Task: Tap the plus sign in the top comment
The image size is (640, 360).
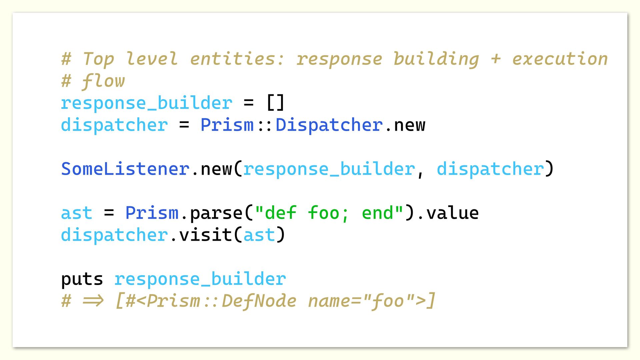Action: point(496,59)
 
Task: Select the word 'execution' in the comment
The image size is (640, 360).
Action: point(560,59)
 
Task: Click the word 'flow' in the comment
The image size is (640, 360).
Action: point(103,81)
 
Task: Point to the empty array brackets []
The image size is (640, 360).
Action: point(275,103)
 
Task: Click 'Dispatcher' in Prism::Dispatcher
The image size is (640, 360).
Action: point(329,125)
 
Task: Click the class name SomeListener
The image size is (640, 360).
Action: point(125,169)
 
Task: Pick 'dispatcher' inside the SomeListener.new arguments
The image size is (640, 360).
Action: point(490,169)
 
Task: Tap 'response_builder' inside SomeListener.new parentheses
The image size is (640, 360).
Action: point(329,169)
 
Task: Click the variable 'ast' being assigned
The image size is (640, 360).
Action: point(77,213)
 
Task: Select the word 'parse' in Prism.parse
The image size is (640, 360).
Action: point(216,213)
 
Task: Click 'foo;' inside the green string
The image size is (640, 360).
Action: point(328,213)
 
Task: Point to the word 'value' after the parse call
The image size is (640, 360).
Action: point(452,213)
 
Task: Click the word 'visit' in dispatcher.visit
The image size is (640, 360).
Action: point(205,235)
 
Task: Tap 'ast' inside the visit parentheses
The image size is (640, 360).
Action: point(259,235)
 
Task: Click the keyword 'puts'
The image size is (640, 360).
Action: point(82,279)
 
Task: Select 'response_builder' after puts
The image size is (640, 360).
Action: point(200,279)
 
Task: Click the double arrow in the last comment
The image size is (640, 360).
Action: point(93,301)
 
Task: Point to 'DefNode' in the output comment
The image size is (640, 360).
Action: point(259,301)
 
